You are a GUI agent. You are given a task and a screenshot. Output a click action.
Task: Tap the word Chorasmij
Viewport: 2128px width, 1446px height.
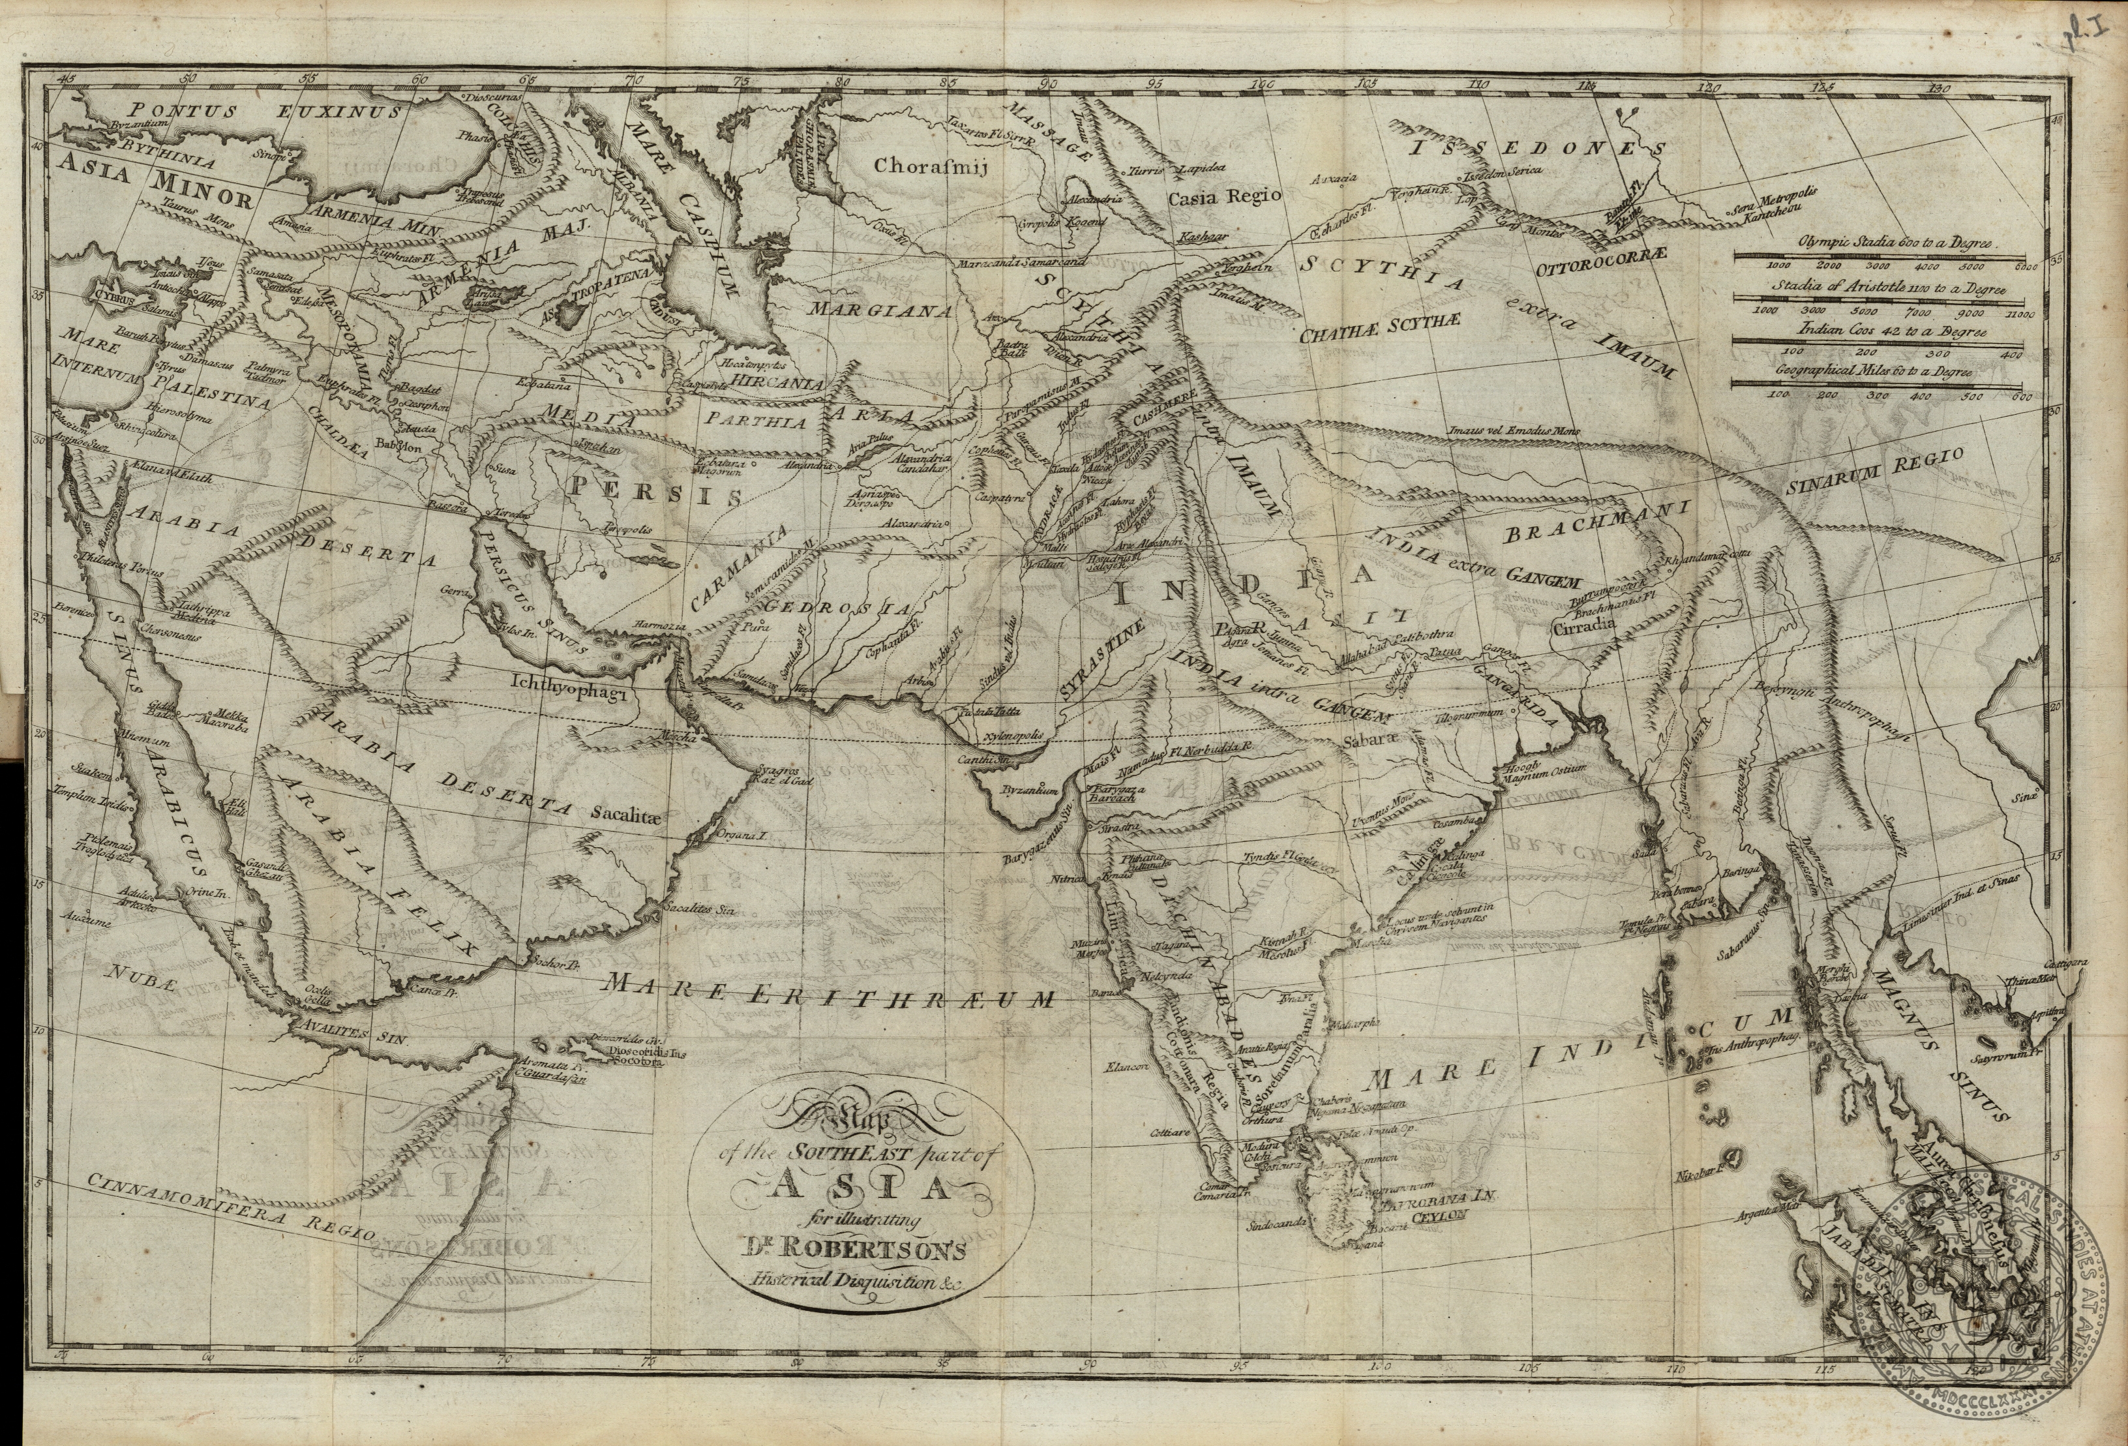click(x=927, y=167)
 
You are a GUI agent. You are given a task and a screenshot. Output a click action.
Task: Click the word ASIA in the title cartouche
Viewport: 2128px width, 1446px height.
click(x=859, y=1188)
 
